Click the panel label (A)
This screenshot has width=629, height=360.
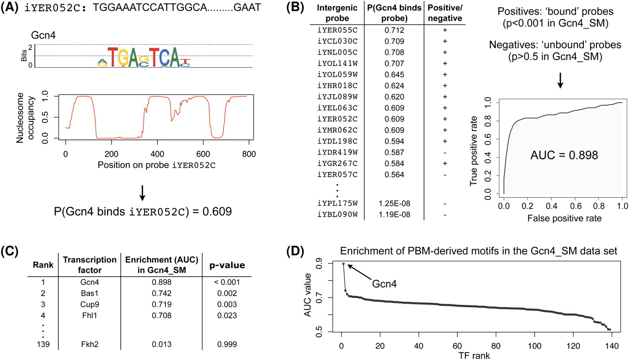pyautogui.click(x=10, y=8)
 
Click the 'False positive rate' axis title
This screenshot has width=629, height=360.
pyautogui.click(x=563, y=216)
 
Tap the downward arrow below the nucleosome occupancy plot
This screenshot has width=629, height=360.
pyautogui.click(x=142, y=194)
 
